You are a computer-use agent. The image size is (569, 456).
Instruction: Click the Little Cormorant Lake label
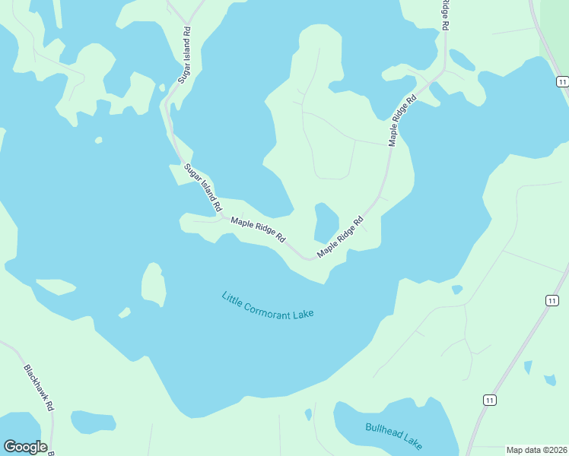click(268, 306)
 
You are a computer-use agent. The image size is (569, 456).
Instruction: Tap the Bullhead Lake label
click(393, 435)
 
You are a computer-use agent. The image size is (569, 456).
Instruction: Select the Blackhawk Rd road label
click(39, 388)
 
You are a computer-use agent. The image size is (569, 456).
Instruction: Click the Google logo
click(25, 447)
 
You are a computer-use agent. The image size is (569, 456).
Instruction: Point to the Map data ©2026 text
click(536, 449)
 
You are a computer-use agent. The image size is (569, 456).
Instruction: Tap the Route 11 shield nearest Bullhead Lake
click(489, 400)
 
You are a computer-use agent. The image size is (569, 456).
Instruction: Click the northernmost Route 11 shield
click(561, 82)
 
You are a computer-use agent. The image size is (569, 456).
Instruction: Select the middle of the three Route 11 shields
click(551, 301)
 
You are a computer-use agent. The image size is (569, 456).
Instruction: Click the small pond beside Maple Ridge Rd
click(326, 221)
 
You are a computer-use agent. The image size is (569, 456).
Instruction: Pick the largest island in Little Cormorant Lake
click(153, 284)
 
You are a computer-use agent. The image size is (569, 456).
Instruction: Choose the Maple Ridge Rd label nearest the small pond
click(341, 236)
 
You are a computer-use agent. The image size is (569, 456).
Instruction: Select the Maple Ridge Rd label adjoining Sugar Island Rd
click(258, 230)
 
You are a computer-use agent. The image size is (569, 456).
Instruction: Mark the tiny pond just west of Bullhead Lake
click(308, 414)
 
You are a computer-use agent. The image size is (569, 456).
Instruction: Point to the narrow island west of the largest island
click(56, 287)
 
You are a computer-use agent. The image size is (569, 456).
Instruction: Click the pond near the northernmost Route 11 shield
click(462, 59)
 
